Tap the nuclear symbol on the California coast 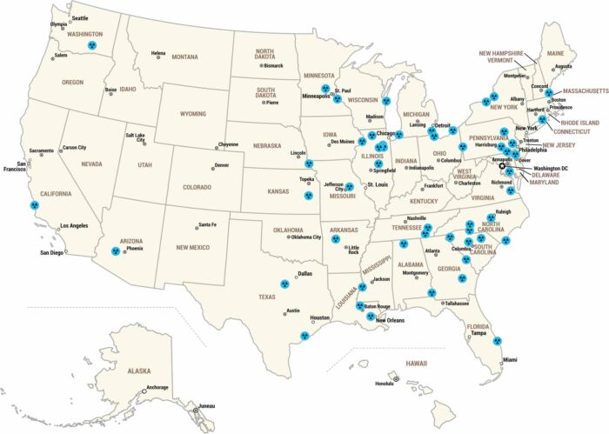click(35, 205)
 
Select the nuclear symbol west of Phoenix click(115, 250)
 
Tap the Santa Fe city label click(207, 225)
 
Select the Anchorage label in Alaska click(157, 387)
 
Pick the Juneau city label click(206, 405)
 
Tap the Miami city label click(509, 360)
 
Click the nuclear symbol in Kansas click(306, 196)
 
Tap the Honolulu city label click(385, 384)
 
